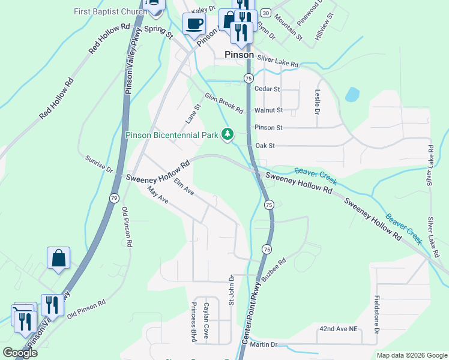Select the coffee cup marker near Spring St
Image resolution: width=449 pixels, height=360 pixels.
point(194,25)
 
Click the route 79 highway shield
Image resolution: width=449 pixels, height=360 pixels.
point(114,198)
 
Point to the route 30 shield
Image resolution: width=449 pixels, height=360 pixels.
point(266,13)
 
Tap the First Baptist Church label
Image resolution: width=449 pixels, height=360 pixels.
point(110,12)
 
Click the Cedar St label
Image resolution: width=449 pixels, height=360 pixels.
point(268,89)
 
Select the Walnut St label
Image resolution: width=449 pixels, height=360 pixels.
point(268,110)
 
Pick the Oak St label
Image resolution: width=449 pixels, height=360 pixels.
point(265,145)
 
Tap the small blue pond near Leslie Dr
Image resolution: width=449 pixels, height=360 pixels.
point(352,95)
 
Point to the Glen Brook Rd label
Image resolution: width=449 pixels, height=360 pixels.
point(224,104)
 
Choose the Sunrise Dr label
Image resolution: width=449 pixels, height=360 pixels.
point(99,164)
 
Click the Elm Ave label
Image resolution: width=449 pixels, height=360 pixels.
point(183,187)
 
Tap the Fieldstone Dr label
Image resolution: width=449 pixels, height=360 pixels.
point(377,314)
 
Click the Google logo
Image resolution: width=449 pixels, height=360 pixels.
point(20,353)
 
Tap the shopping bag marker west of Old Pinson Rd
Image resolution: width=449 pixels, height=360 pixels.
point(58,259)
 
